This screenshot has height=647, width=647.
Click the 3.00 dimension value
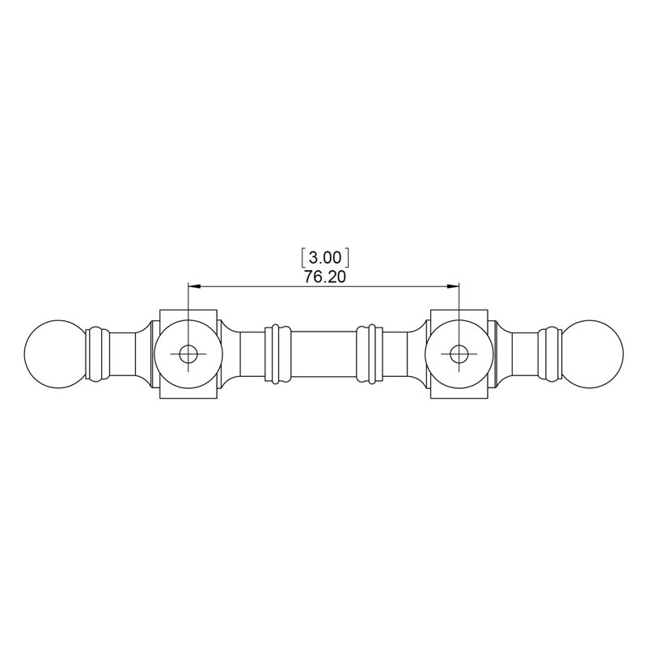(325, 257)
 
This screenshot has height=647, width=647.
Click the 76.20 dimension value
(325, 277)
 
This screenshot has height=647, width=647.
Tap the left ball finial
(55, 353)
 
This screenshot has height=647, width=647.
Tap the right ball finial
(593, 353)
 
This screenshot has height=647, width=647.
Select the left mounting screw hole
(188, 353)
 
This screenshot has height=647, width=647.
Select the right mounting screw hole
(459, 353)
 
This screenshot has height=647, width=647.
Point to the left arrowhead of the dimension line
(194, 285)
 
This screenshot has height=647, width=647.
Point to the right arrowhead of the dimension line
(453, 285)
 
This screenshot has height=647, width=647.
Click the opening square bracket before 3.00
(304, 257)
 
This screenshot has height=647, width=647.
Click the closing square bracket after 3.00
(347, 257)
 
